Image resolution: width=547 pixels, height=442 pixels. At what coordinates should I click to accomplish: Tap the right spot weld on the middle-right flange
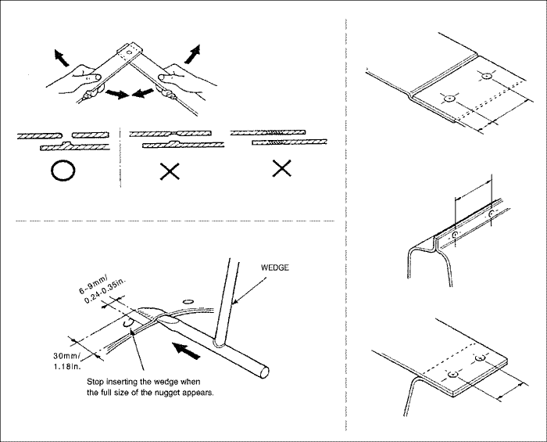[x=490, y=212]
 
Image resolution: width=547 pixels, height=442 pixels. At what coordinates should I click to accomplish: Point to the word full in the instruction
[x=116, y=393]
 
